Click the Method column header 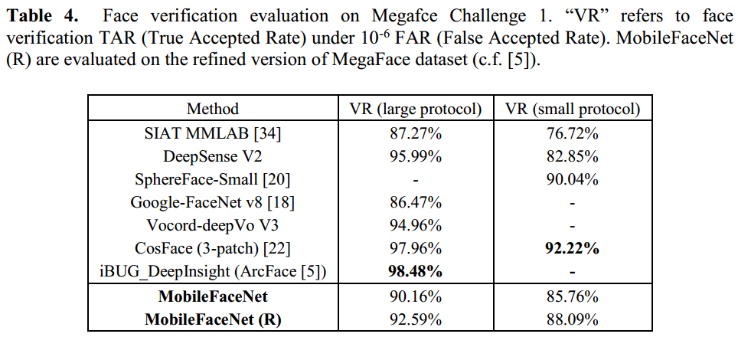(x=213, y=109)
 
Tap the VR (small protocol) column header (x=573, y=109)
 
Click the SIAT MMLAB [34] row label (x=213, y=133)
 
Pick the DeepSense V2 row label (x=213, y=156)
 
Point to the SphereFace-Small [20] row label (x=213, y=179)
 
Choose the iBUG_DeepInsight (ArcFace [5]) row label (x=213, y=271)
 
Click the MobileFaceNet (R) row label (x=213, y=319)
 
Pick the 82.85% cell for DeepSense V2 (x=573, y=156)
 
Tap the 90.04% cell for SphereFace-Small (x=573, y=179)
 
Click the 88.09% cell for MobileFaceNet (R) (x=573, y=319)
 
